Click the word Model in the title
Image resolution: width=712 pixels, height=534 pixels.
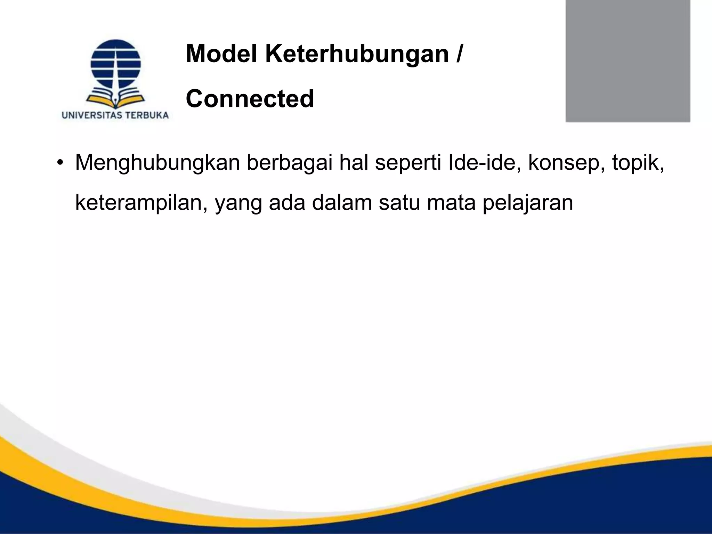(x=222, y=54)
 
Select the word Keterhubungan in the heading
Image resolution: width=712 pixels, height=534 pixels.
(x=357, y=55)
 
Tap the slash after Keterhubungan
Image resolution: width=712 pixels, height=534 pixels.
(x=460, y=54)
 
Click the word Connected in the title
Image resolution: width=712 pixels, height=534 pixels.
(x=250, y=99)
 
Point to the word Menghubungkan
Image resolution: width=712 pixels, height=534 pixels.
(x=157, y=163)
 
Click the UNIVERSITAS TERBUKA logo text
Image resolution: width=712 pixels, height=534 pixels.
(x=115, y=115)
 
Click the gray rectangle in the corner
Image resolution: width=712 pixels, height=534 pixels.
(x=628, y=61)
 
